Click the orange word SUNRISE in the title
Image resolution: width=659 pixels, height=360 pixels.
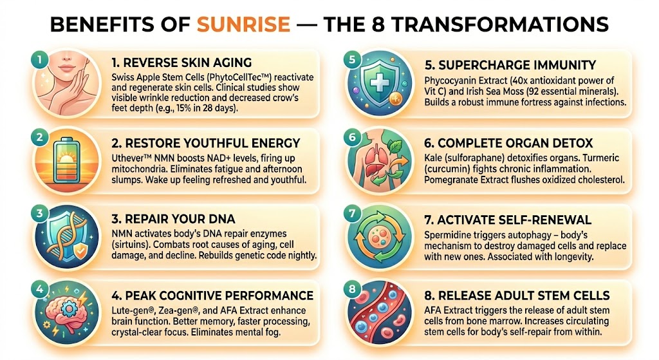click(x=243, y=24)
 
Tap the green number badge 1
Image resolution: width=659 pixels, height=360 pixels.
click(x=40, y=60)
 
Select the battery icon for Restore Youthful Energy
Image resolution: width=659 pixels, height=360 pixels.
click(x=67, y=161)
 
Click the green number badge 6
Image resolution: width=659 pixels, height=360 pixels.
click(x=352, y=137)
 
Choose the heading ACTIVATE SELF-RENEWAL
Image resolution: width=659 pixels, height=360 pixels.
click(x=508, y=220)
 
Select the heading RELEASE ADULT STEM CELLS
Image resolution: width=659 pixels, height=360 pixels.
click(x=517, y=296)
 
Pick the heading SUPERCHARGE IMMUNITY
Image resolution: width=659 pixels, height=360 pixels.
click(x=510, y=65)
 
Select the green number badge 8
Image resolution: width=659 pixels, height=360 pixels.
click(x=352, y=289)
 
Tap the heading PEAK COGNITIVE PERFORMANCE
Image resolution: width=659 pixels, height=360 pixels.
click(x=212, y=296)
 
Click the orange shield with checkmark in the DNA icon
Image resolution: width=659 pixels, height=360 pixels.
click(x=80, y=251)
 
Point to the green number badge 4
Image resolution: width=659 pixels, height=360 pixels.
click(x=40, y=289)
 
